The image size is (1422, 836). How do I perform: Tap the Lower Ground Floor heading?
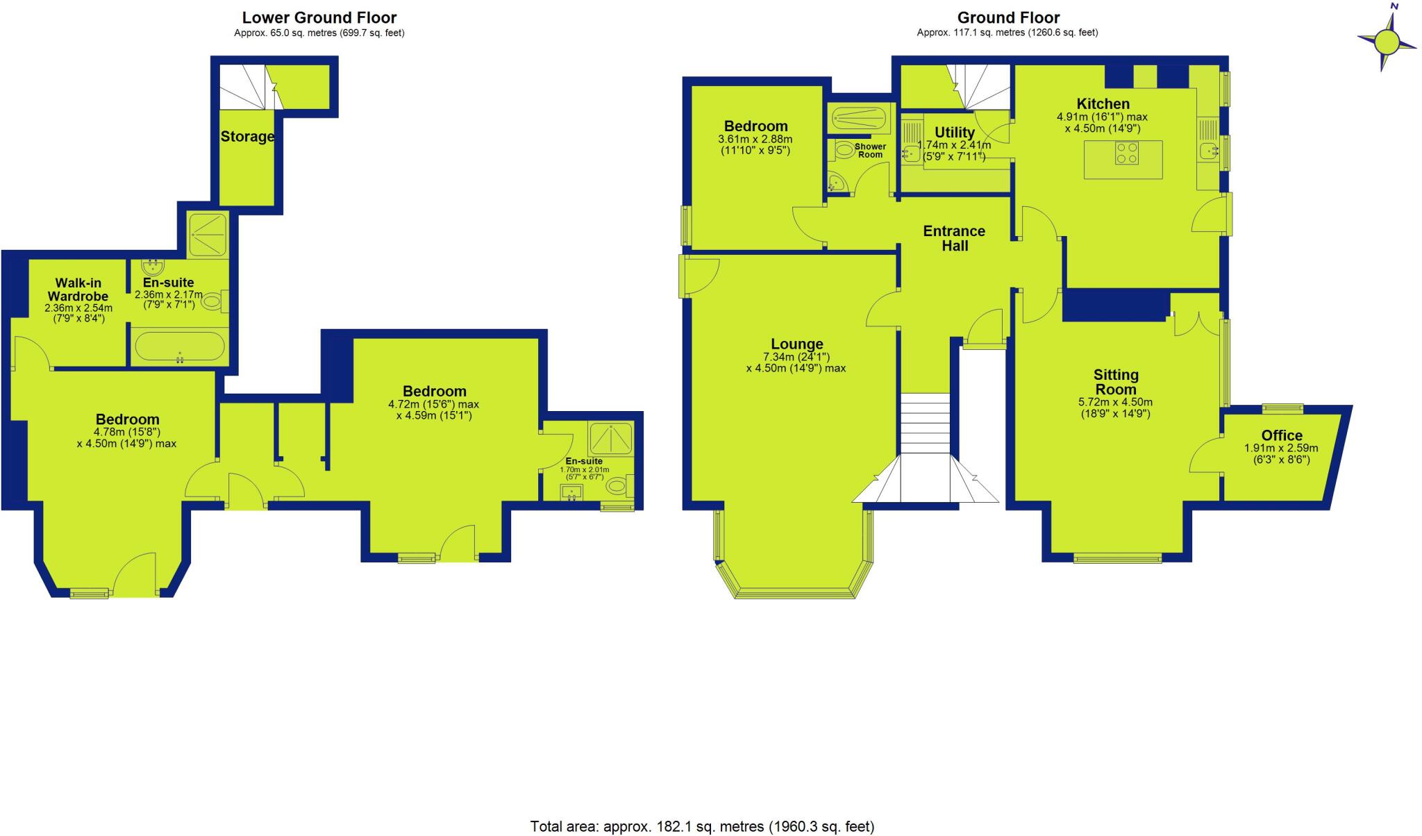[319, 17]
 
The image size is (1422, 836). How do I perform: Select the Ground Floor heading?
[1008, 17]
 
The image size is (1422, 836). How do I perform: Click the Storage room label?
[247, 137]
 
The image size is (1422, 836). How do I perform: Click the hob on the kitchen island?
[1126, 153]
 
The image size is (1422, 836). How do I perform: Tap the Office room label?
[1281, 435]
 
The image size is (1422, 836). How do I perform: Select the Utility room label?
[954, 133]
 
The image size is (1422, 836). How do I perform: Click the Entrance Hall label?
[954, 238]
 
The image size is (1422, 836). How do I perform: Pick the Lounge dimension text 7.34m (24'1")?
[796, 357]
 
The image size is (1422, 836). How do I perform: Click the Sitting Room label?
[1116, 382]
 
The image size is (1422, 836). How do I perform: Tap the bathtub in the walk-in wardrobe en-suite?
[179, 347]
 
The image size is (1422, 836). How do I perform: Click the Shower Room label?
[870, 151]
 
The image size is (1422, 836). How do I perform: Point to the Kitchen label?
[1103, 104]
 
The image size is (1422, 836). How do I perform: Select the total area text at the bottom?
[702, 826]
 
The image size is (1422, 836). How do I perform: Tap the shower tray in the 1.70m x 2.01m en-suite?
[611, 438]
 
